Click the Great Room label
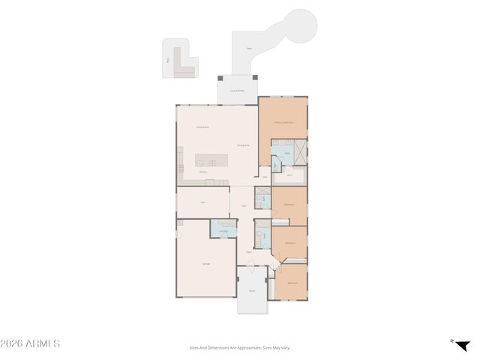tap(202, 127)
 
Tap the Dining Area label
tap(243, 145)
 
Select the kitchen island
tap(211, 160)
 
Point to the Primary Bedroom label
tap(283, 121)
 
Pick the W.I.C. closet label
tap(289, 175)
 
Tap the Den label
tap(202, 202)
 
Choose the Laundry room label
tap(223, 230)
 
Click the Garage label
tap(205, 263)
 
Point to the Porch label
tap(252, 290)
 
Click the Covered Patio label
tap(237, 91)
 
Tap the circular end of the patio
tap(298, 27)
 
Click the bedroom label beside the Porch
tap(292, 283)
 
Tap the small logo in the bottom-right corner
tap(461, 344)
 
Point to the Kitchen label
tap(202, 172)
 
